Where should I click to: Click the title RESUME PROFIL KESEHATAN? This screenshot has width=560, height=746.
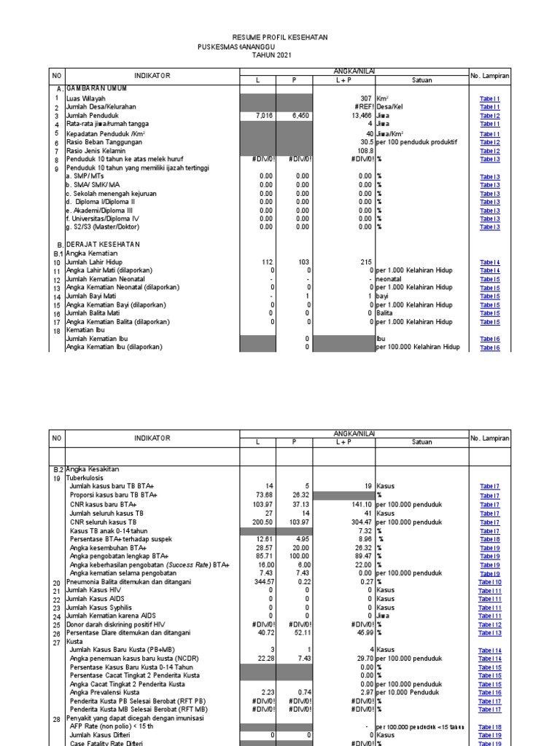coord(280,37)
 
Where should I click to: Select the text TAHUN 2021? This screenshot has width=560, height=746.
coord(271,55)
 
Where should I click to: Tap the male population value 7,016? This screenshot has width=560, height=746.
coord(267,116)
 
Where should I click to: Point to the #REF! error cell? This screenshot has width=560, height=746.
coord(362,107)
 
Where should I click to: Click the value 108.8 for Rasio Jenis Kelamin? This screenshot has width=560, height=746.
coord(365,150)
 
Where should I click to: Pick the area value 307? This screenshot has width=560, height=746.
coord(367,98)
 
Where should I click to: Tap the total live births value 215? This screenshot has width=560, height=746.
coord(366,262)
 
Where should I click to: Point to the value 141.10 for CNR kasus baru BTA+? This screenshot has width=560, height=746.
coord(362,504)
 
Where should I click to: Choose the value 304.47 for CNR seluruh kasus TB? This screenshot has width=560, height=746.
coord(362,522)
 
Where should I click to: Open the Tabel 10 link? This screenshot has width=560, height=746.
coord(489,581)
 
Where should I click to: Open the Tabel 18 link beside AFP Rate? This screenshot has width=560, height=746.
coord(489,726)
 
